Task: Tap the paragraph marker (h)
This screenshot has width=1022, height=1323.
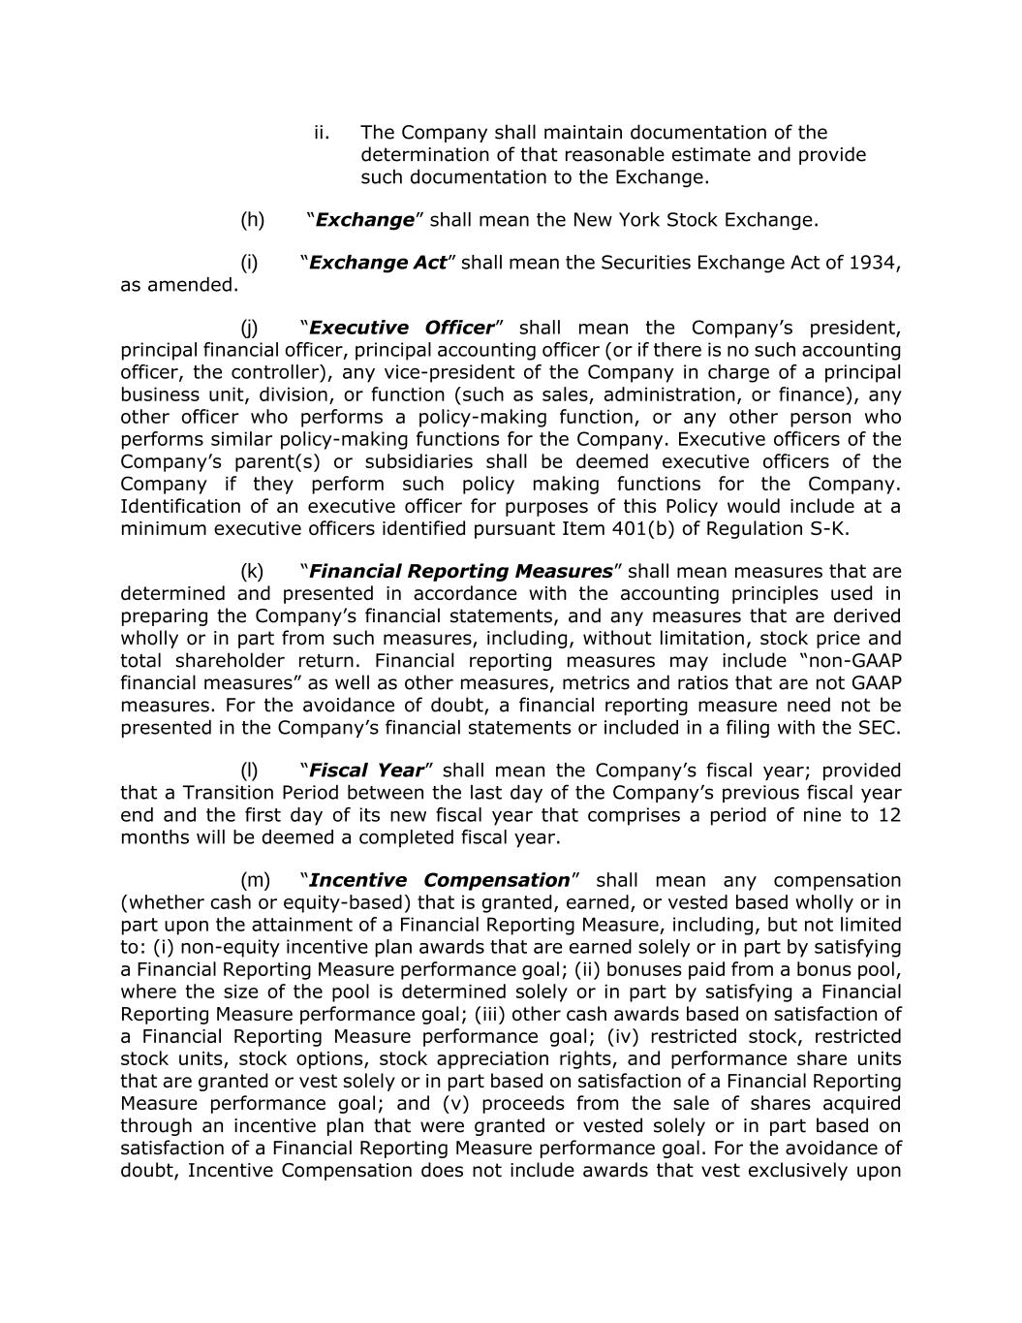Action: coord(252,220)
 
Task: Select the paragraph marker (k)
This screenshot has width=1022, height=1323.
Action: coord(252,571)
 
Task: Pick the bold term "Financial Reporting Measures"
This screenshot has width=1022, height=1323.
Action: coord(461,571)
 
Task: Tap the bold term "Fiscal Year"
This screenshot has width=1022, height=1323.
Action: coord(366,771)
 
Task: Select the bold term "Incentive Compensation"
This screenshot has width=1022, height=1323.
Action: coord(439,880)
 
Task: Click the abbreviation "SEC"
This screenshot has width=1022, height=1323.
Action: coord(880,727)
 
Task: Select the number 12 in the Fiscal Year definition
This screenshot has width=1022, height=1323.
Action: coord(888,815)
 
